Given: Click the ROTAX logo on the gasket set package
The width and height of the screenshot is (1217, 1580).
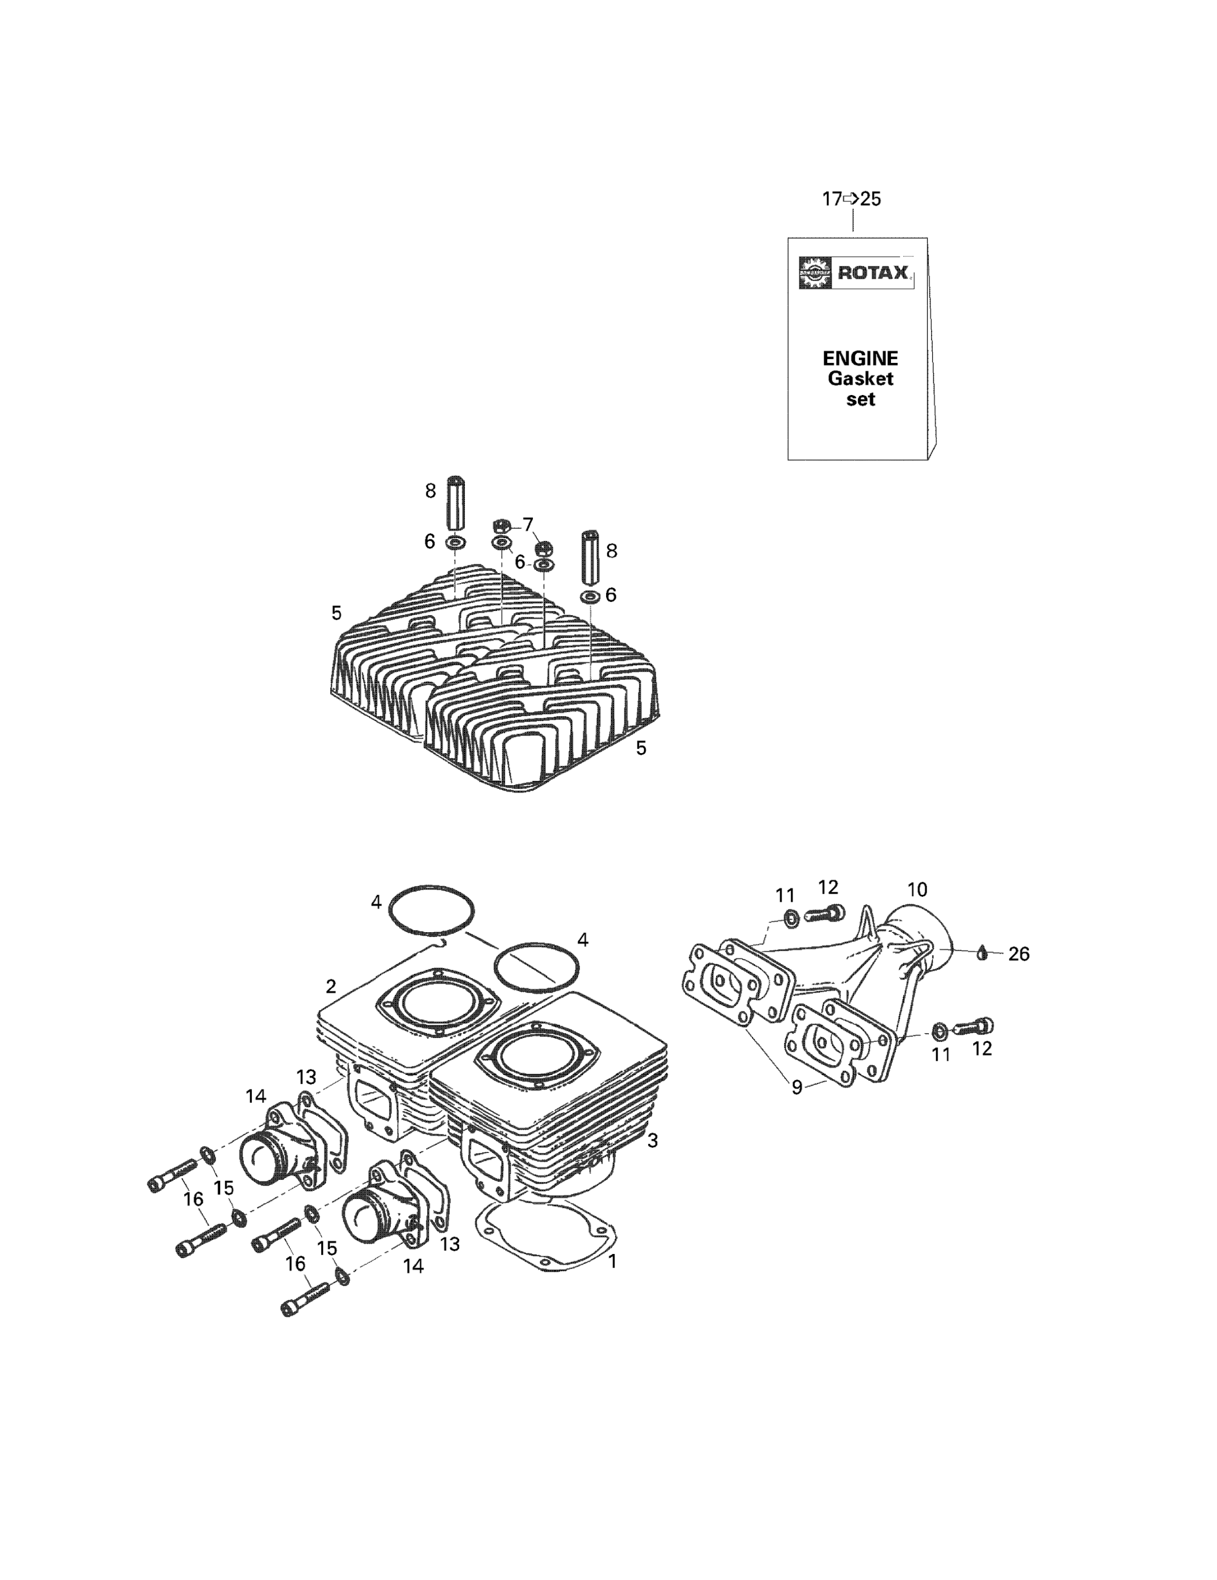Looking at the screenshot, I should (856, 273).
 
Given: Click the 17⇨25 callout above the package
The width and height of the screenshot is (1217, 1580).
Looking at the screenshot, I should (852, 199).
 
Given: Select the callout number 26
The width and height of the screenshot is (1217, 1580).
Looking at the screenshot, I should (1018, 954).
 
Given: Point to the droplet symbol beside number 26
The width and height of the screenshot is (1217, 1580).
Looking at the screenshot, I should (982, 953).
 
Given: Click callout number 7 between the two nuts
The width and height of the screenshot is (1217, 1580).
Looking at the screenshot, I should (528, 524).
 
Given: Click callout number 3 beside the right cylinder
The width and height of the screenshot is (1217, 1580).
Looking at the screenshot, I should (652, 1141).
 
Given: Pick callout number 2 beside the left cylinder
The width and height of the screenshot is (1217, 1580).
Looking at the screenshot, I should (331, 986).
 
